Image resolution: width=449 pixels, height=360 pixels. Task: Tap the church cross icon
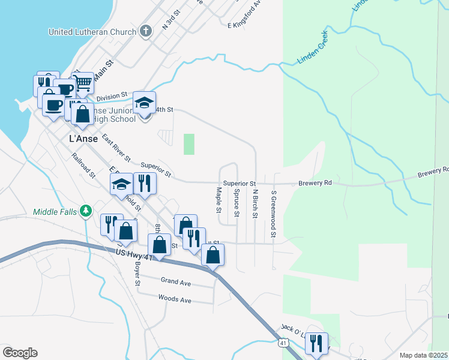click(145, 31)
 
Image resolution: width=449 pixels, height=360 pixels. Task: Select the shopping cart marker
click(83, 82)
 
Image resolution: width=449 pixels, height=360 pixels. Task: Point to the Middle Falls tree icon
click(86, 211)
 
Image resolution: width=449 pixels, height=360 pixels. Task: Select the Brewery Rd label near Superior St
click(315, 183)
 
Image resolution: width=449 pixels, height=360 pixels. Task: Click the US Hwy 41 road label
click(135, 256)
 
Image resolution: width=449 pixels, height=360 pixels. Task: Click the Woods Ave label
click(174, 298)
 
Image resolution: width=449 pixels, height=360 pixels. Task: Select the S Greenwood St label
click(273, 205)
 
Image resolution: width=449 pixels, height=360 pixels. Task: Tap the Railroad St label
click(83, 166)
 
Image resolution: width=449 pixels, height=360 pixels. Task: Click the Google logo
click(20, 353)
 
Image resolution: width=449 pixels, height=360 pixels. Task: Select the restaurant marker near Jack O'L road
click(316, 343)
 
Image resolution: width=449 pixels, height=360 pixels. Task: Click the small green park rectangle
click(189, 144)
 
